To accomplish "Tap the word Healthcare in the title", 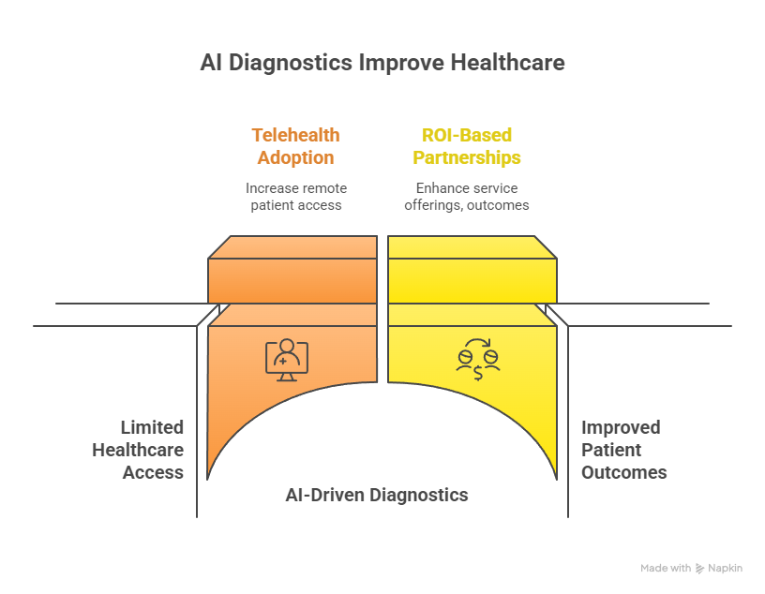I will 508,64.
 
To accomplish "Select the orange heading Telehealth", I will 295,136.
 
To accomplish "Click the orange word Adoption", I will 295,157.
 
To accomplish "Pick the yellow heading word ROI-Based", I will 467,136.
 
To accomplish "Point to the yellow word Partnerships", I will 467,157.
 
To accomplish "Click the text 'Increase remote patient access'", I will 295,196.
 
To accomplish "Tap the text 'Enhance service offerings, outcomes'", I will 467,196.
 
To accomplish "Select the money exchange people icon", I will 477,359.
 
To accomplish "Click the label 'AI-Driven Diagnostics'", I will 377,495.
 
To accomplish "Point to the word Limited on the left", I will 152,427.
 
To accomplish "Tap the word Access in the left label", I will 153,472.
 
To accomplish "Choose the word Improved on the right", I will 621,427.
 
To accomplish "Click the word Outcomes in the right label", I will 623,472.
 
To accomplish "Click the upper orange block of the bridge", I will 292,272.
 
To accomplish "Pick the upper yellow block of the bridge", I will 472,272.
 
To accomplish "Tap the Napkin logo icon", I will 699,569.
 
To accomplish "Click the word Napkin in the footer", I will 725,569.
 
